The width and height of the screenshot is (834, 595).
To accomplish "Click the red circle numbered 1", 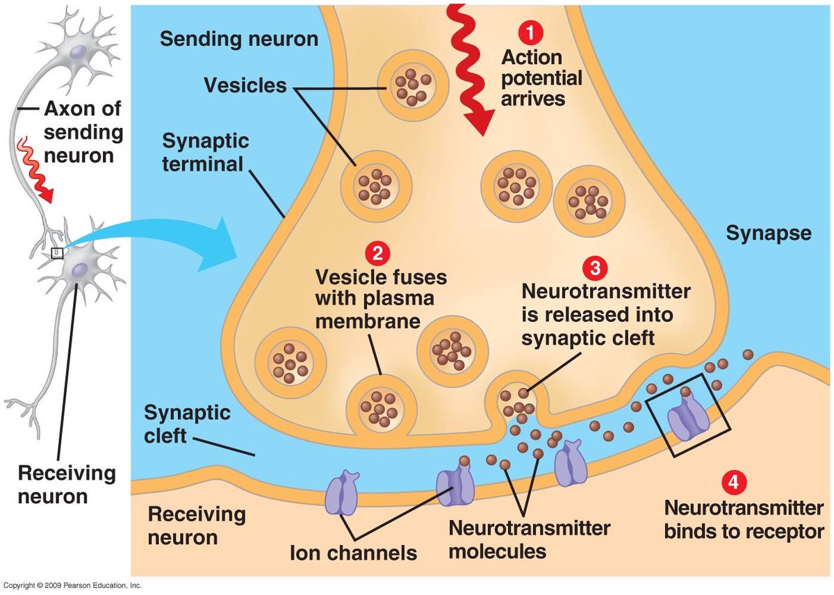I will (x=531, y=33).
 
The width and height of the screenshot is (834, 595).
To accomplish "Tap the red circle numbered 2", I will (x=377, y=254).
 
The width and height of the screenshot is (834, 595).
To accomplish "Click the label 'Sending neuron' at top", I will (x=238, y=38).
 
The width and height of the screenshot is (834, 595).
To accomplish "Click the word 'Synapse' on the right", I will (x=769, y=234).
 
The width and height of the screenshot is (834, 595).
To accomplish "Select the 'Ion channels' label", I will (x=353, y=553).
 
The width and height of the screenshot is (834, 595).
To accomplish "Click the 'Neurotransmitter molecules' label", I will (x=529, y=539).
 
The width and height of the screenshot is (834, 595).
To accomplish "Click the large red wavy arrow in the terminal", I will (x=471, y=67).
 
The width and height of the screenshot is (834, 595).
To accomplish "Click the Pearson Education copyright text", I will (x=73, y=586).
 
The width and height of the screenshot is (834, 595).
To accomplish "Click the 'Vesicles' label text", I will (x=245, y=85).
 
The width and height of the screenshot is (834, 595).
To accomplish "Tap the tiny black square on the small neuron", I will (x=57, y=252).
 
